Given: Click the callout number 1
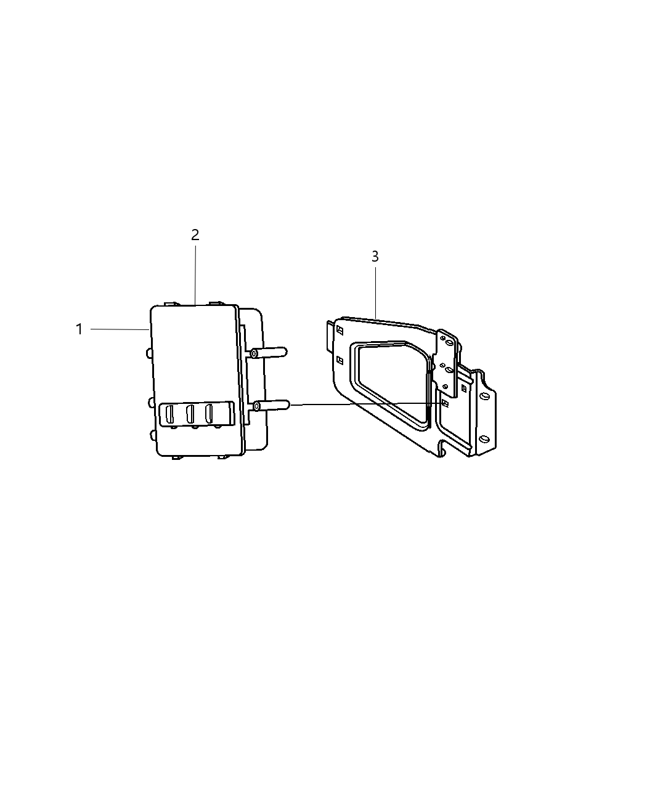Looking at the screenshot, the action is click(x=79, y=329).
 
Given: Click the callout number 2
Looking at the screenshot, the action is click(x=195, y=235).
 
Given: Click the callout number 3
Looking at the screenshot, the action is click(x=375, y=257).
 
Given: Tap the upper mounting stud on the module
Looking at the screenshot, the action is click(x=269, y=353).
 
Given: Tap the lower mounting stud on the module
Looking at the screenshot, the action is click(x=271, y=405).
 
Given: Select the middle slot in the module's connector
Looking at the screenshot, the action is click(x=190, y=413).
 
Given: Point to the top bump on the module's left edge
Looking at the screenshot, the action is click(x=149, y=353).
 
